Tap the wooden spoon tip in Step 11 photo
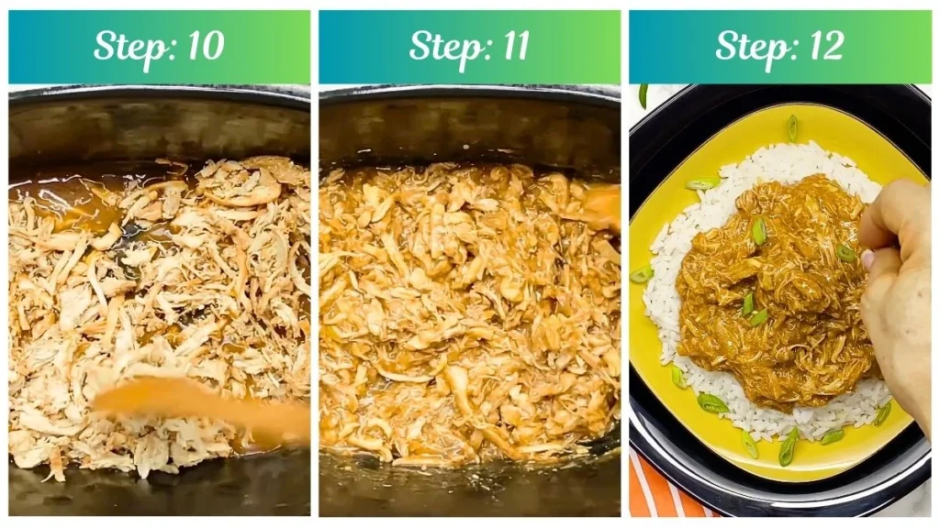pyautogui.click(x=601, y=207)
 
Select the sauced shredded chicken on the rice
pyautogui.click(x=771, y=293)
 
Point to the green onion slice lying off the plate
pyautogui.click(x=643, y=94)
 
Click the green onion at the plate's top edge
pyautogui.click(x=791, y=127)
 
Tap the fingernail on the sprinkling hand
pyautogui.click(x=868, y=259)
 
